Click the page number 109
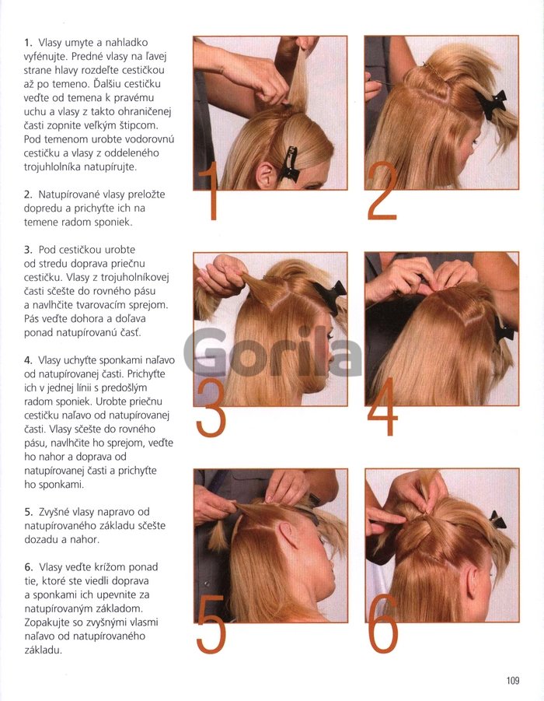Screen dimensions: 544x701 (513, 680)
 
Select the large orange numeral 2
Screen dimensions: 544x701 (382, 191)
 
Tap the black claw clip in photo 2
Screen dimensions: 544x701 (491, 103)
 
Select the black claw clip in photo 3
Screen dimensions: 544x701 (330, 294)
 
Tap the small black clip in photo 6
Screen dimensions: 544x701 (497, 520)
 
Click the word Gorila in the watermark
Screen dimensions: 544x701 (273, 353)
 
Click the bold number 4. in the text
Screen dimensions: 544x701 (29, 360)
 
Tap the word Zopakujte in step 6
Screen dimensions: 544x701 (46, 622)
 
